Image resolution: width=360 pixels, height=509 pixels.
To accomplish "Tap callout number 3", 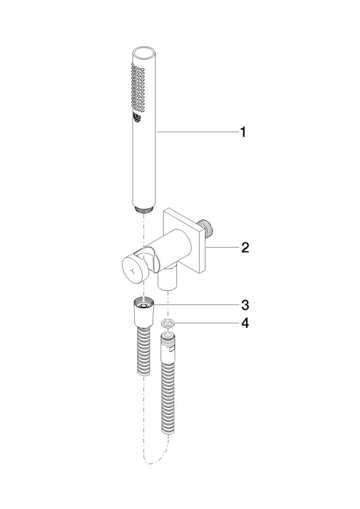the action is coord(245,305).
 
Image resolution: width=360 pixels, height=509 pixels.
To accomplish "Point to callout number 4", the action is coord(245,323).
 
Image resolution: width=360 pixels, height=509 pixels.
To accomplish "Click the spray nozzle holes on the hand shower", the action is coord(138,88).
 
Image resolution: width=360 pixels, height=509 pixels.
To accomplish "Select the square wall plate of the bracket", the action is coord(184,241).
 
